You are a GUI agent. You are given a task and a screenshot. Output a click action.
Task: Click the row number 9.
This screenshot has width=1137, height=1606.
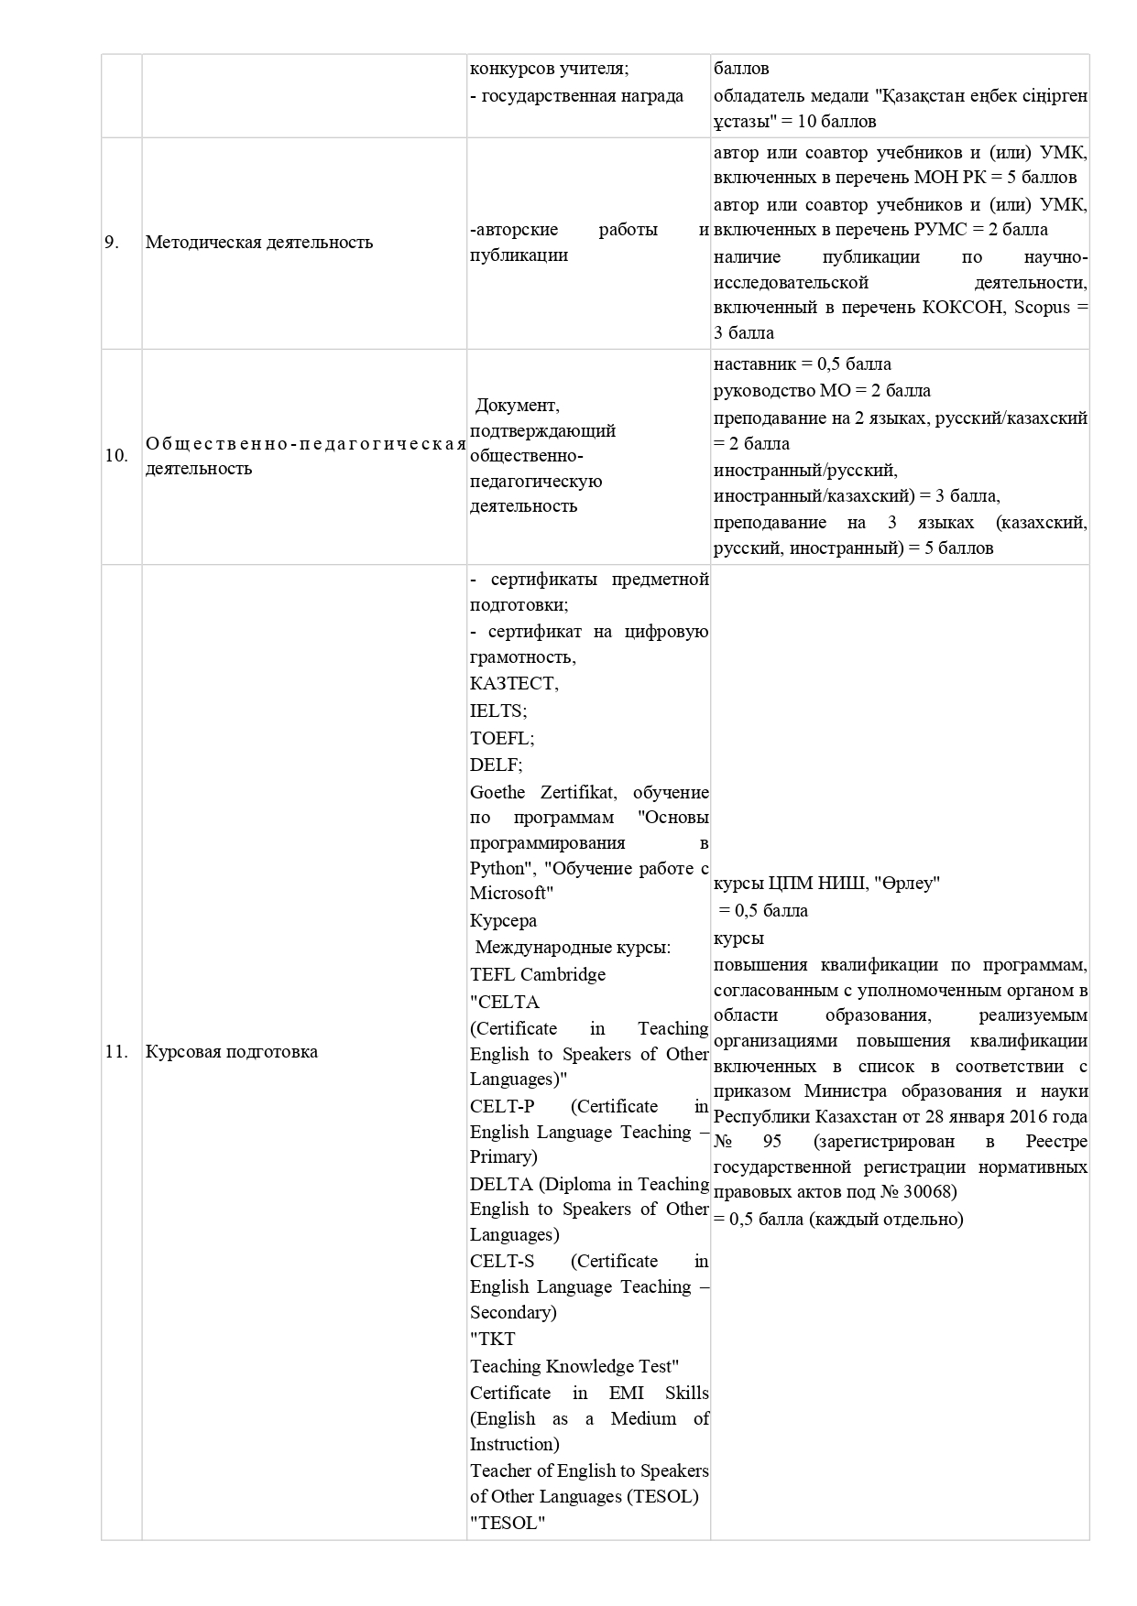(x=112, y=243)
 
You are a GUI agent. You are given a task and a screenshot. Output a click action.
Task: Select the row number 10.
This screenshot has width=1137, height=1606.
(x=116, y=456)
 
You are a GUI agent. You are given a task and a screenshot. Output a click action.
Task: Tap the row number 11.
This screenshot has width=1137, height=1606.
(x=116, y=1052)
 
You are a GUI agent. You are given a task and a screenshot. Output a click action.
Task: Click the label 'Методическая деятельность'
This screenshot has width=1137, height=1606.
(x=259, y=243)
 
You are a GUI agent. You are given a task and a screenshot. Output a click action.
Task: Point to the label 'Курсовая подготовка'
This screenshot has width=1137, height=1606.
(x=232, y=1052)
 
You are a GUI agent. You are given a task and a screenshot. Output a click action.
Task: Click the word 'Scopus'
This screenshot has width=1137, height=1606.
(x=1043, y=308)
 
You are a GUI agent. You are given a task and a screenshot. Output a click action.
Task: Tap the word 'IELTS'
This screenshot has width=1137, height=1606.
(x=497, y=711)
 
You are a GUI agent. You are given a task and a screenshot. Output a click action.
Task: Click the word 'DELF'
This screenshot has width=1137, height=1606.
(x=495, y=765)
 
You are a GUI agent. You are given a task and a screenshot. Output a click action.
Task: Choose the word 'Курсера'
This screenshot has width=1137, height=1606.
(x=503, y=920)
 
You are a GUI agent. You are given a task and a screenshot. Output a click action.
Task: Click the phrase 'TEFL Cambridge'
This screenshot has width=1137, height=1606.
(x=538, y=974)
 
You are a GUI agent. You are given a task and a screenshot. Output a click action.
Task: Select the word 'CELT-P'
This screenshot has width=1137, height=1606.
(x=502, y=1106)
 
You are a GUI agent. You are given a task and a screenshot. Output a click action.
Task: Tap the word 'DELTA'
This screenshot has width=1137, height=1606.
(x=500, y=1184)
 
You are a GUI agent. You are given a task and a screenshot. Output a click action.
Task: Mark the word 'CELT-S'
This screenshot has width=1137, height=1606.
(x=502, y=1261)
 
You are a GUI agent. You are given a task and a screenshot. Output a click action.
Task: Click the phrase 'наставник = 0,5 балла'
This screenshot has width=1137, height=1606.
(x=803, y=364)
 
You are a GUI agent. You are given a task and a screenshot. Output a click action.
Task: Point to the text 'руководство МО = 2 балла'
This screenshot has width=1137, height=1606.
(x=822, y=391)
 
